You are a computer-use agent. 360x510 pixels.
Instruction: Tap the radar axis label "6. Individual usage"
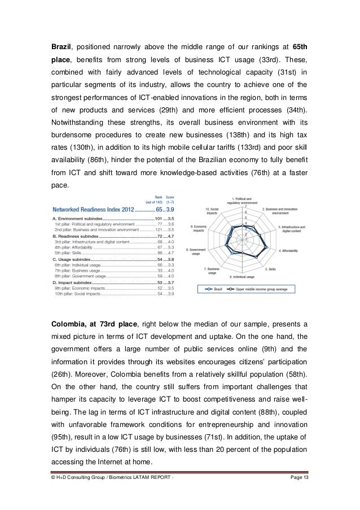click(242, 277)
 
